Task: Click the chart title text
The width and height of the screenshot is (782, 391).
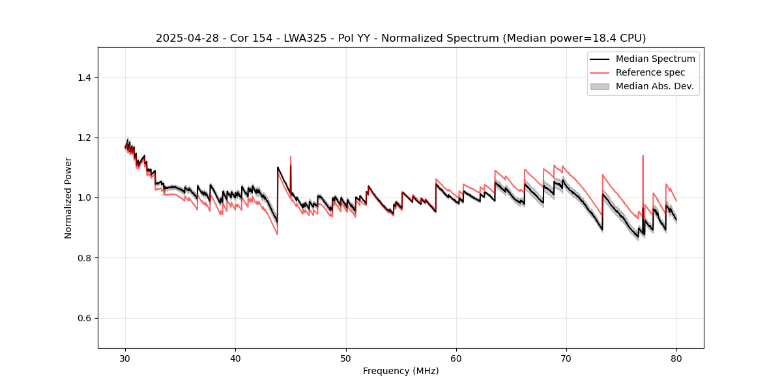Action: point(401,38)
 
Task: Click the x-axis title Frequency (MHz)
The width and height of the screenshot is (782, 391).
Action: point(401,371)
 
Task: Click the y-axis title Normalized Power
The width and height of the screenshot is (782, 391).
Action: point(68,197)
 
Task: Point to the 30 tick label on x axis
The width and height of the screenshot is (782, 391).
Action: point(126,358)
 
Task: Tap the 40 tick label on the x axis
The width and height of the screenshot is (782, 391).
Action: point(236,358)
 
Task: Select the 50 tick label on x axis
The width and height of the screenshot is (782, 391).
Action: point(346,358)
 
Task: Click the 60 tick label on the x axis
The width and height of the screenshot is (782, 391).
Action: point(456,358)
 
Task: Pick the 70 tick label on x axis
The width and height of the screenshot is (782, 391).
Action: point(566,358)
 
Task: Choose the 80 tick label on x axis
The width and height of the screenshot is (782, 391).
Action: point(676,358)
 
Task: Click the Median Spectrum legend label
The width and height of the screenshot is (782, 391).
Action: point(655,59)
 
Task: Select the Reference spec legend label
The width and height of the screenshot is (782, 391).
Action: point(650,72)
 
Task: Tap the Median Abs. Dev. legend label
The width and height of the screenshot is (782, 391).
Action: point(655,86)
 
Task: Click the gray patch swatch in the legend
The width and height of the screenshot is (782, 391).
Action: point(600,86)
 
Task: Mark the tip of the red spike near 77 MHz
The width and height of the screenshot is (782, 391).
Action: point(643,156)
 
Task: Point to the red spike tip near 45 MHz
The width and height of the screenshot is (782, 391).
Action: point(291,156)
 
